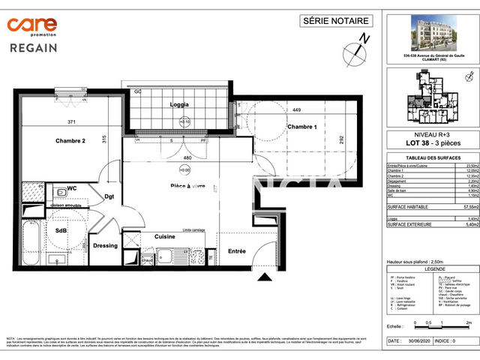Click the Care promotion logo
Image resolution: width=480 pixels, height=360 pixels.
pos(43,27)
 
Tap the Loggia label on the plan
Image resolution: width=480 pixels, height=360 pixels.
pos(179,104)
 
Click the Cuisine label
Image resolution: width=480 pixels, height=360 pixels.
pos(165,236)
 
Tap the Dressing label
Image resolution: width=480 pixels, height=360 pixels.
pos(106,245)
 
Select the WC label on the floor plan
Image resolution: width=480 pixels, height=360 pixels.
pos(73,188)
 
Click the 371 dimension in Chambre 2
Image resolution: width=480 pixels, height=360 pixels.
pos(71,121)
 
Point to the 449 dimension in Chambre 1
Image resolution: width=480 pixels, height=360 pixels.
pos(296,110)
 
